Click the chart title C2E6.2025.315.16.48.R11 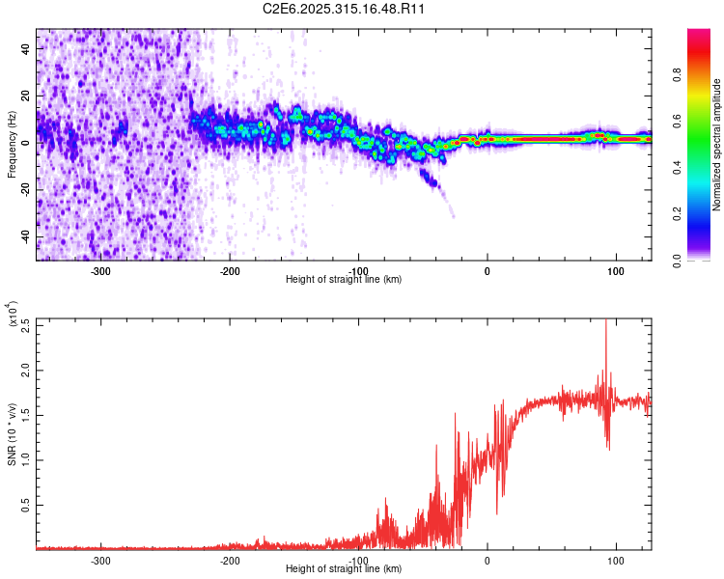point(344,9)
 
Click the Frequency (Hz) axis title point(12,143)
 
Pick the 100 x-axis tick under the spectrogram point(615,270)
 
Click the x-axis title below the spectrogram point(344,280)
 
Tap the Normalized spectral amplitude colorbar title point(717,145)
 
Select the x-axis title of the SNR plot point(344,569)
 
